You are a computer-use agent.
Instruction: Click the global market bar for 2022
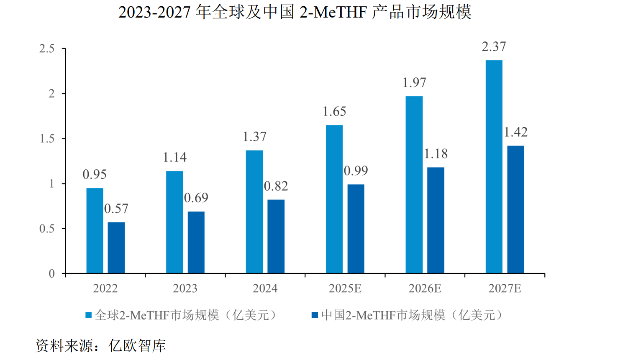pyautogui.click(x=95, y=231)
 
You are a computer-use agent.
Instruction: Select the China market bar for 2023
pyautogui.click(x=196, y=243)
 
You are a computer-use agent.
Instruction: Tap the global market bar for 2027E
pyautogui.click(x=494, y=167)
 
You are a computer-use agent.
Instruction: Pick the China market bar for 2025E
pyautogui.click(x=356, y=229)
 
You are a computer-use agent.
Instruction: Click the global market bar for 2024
pyautogui.click(x=254, y=212)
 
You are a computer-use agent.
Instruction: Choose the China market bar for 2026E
pyautogui.click(x=436, y=220)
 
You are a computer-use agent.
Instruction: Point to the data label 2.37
pyautogui.click(x=494, y=46)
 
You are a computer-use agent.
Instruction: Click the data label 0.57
pyautogui.click(x=116, y=209)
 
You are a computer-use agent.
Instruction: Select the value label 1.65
pyautogui.click(x=334, y=112)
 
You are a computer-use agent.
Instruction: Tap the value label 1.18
pyautogui.click(x=436, y=154)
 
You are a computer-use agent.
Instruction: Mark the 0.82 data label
pyautogui.click(x=276, y=186)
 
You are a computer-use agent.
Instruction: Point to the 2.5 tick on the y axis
pyautogui.click(x=47, y=49)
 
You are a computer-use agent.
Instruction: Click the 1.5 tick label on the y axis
pyautogui.click(x=47, y=138)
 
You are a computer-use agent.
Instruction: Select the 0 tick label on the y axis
pyautogui.click(x=51, y=273)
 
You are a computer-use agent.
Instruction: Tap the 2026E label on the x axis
pyautogui.click(x=425, y=289)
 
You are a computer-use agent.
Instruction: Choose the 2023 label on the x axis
pyautogui.click(x=185, y=289)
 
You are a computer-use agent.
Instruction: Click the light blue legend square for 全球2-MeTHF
pyautogui.click(x=89, y=315)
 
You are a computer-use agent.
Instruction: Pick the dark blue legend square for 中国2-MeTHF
pyautogui.click(x=315, y=315)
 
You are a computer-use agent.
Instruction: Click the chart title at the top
pyautogui.click(x=295, y=12)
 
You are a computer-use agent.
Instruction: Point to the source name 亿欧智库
pyautogui.click(x=137, y=345)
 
